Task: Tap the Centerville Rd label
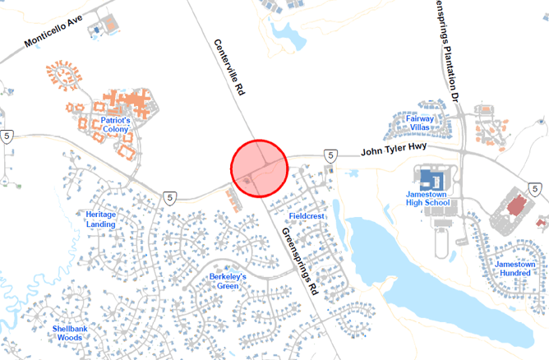pyautogui.click(x=230, y=67)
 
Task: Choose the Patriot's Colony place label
pyautogui.click(x=117, y=125)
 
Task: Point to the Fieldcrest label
pyautogui.click(x=308, y=216)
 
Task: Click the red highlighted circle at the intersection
pyautogui.click(x=259, y=168)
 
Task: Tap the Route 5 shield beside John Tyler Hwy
pyautogui.click(x=329, y=154)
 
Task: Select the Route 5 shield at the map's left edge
pyautogui.click(x=7, y=137)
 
